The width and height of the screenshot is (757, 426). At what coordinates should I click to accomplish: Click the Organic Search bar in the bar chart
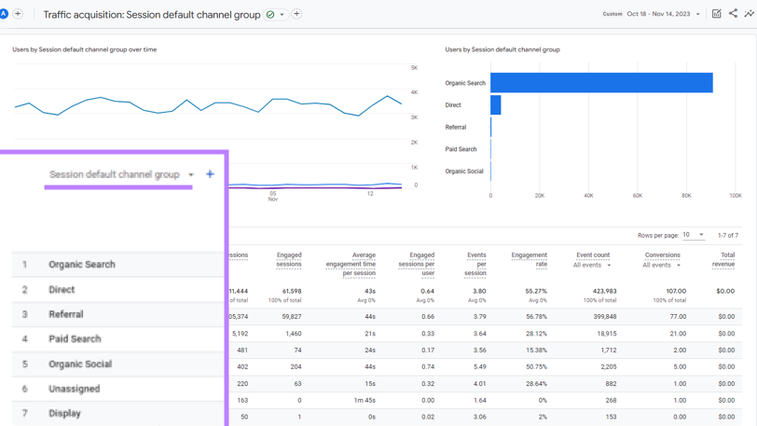click(x=601, y=83)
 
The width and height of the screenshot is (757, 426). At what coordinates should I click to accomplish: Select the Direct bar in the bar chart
click(x=496, y=105)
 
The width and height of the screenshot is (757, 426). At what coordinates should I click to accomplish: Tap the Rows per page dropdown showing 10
click(x=694, y=235)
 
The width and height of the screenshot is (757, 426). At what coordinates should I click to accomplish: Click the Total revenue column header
click(x=723, y=259)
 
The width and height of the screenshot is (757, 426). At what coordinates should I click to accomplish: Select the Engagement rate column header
click(x=529, y=259)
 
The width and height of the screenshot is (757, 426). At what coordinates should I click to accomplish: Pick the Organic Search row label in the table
click(x=82, y=265)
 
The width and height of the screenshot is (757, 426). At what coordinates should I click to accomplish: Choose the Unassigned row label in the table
click(x=74, y=389)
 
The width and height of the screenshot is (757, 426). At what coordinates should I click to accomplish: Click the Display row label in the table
click(x=64, y=413)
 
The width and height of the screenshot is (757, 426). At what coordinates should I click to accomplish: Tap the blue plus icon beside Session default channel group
click(x=210, y=174)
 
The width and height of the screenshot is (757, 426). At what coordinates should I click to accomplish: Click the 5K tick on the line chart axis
click(x=414, y=68)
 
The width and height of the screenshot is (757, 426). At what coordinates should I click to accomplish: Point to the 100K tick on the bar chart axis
click(x=736, y=196)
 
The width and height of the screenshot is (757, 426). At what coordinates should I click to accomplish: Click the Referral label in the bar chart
click(x=456, y=128)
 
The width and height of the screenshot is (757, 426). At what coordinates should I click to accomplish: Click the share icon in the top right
click(x=733, y=14)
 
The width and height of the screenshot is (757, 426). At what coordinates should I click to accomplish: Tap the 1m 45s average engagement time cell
click(x=364, y=400)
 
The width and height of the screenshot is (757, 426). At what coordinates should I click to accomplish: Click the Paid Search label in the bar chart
click(x=461, y=149)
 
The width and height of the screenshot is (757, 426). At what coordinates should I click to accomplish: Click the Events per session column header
click(x=475, y=264)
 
